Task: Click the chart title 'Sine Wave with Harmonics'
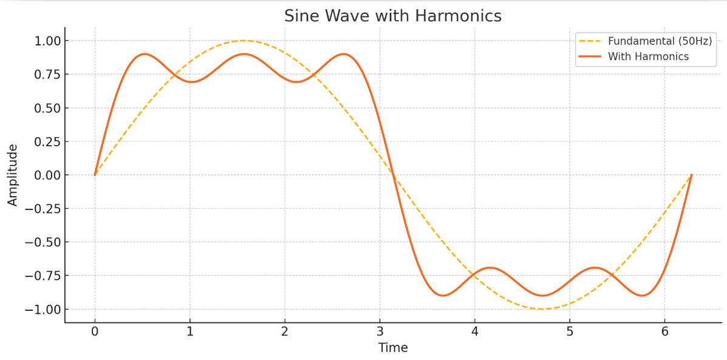[393, 16]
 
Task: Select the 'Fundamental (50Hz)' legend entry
[660, 41]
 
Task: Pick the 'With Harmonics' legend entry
[648, 56]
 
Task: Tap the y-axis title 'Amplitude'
[13, 175]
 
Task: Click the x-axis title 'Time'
[393, 348]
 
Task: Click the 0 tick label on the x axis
[95, 332]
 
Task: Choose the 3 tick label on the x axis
[380, 332]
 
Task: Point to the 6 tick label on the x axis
[664, 332]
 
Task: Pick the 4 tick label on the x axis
[474, 332]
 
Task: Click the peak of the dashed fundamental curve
[244, 41]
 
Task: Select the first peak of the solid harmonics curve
[144, 54]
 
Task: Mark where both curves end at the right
[691, 175]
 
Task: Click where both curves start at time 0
[95, 175]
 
